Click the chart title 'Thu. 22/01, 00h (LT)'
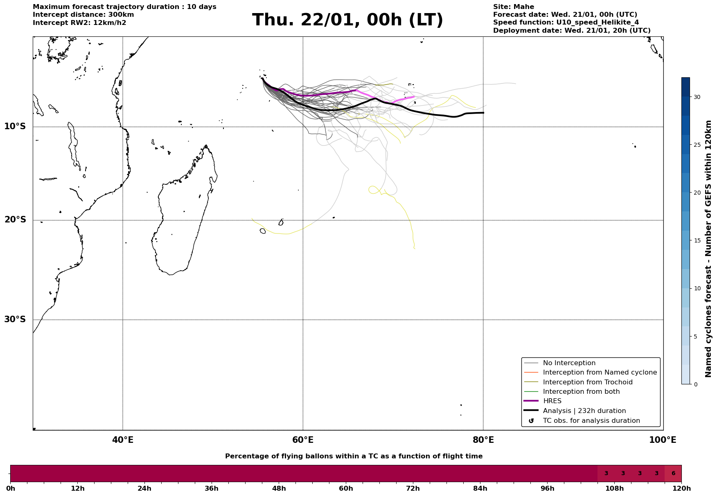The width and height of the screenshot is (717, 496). tap(347, 20)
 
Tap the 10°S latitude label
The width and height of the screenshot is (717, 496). tap(15, 126)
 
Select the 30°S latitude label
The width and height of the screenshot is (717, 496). tap(15, 319)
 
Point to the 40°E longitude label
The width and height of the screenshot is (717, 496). tap(123, 440)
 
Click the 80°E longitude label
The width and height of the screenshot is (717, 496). tap(483, 440)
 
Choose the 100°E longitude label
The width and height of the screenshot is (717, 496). tap(663, 440)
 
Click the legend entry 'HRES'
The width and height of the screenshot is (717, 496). tap(552, 401)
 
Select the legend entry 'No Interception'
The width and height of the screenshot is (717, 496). tap(569, 363)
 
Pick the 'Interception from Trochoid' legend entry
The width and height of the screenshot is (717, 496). tap(587, 382)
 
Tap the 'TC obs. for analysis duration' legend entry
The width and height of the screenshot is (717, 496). tap(591, 420)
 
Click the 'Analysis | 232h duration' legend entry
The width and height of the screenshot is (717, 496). tap(584, 411)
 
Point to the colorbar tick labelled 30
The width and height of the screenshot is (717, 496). tap(697, 97)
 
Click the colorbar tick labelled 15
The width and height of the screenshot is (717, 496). tap(697, 240)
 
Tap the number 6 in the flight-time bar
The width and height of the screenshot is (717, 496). tap(673, 474)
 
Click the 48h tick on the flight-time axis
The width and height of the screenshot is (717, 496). tap(279, 488)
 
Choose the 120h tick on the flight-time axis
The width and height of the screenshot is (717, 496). tap(681, 488)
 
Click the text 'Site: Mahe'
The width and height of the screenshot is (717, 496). tap(513, 7)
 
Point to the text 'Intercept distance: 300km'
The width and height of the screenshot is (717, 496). tap(83, 15)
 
